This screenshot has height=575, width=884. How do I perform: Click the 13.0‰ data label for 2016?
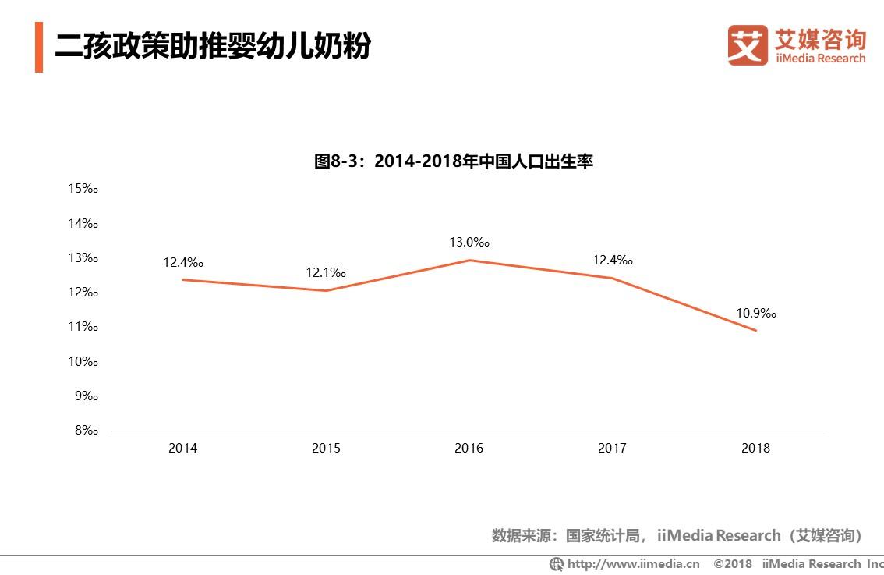tap(469, 243)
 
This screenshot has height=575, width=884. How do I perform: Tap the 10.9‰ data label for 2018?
tap(755, 314)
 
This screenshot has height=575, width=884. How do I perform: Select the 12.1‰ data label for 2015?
tap(325, 273)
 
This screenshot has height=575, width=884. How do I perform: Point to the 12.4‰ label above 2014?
tap(182, 263)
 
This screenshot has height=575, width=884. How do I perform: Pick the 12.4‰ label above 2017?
tap(612, 261)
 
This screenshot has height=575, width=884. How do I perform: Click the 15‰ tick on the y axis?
tap(83, 188)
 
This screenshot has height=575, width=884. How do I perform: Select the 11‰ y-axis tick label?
tap(83, 327)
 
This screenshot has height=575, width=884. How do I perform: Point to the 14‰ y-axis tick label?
tap(83, 223)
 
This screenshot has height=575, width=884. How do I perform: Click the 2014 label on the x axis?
tap(182, 448)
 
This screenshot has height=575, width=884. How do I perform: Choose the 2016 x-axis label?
tap(469, 448)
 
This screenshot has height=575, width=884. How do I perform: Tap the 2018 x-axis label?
tap(755, 448)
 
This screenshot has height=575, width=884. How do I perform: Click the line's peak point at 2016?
tap(469, 260)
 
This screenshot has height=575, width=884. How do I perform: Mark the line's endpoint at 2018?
tap(755, 330)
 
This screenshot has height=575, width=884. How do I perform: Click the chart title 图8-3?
tap(453, 161)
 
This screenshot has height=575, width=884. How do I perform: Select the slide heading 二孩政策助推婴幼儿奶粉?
tap(212, 46)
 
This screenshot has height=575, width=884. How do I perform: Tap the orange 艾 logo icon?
tap(748, 44)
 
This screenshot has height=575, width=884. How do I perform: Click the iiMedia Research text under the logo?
tap(819, 59)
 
